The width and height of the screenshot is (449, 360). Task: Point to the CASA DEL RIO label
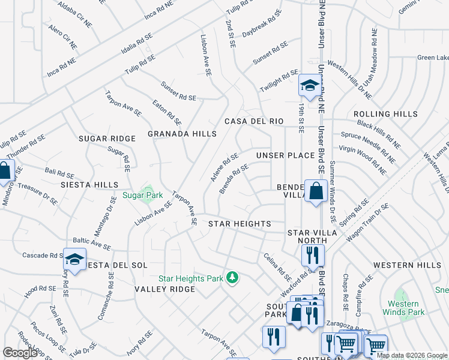coord(253,121)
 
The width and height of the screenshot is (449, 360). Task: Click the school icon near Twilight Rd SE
coord(309,86)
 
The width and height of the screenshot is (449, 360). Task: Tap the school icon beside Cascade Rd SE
coord(75,260)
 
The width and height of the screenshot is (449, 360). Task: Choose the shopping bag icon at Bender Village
coord(315,191)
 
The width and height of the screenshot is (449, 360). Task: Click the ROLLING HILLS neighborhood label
coord(385,114)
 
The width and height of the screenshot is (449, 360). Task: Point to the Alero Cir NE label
coord(63,37)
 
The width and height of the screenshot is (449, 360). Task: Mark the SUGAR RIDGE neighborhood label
coord(107,139)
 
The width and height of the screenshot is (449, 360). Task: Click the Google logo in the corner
coord(20,353)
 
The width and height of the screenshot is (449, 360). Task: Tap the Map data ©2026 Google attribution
coord(412,355)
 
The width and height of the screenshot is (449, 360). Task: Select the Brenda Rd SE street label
coord(234,179)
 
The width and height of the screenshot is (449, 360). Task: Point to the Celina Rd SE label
coord(277,268)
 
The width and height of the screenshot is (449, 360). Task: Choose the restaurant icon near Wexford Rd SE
coord(313,254)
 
